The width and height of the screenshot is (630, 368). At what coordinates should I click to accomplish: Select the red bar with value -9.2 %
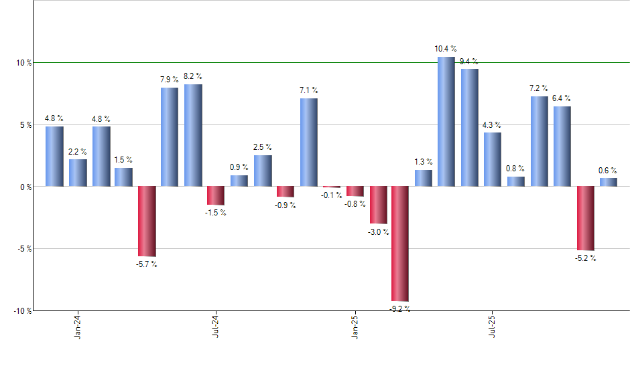point(400,244)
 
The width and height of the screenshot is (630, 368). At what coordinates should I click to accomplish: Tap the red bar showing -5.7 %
point(147,221)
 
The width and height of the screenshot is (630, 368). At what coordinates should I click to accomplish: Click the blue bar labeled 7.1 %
point(308,142)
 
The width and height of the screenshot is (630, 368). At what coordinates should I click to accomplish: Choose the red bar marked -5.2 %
point(585,218)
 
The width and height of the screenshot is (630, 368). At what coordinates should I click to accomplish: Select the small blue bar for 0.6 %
point(609,182)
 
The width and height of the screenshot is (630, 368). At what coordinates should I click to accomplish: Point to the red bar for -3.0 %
point(379,205)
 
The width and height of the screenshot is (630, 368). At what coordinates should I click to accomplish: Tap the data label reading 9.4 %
point(469,62)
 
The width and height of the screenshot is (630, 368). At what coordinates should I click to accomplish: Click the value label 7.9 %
point(170,80)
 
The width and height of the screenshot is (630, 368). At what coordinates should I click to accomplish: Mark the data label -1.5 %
point(216,213)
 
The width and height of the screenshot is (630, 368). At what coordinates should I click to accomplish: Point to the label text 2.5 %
point(263,147)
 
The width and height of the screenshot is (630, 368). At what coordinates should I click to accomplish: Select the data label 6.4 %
point(562,98)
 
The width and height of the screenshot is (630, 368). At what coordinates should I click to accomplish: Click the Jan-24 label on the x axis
point(78,327)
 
